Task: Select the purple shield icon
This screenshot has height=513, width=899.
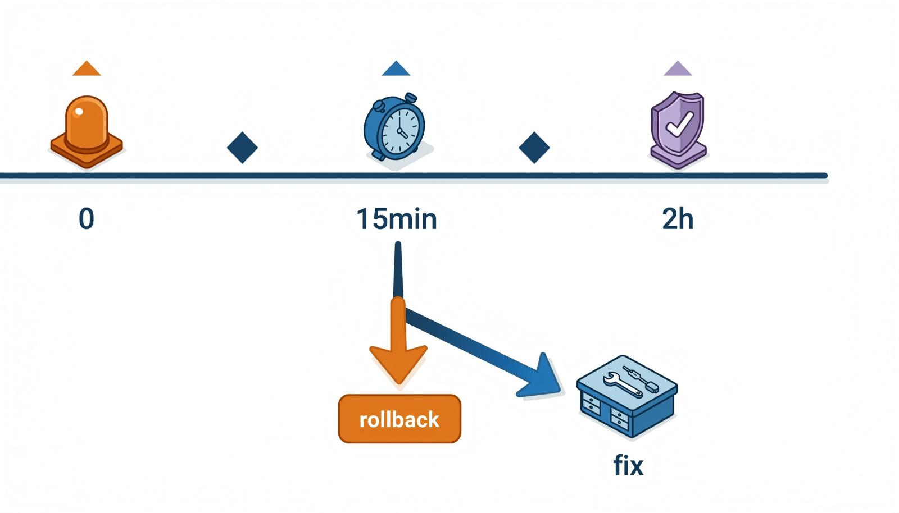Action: pos(678,130)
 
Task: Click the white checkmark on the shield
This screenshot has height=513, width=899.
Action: pos(679,123)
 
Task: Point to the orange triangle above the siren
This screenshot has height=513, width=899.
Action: pos(87,68)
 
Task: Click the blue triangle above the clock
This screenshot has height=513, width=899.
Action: pos(396,68)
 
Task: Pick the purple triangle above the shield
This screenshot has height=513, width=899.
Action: pos(678,68)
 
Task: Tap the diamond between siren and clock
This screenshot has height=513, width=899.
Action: pos(242,148)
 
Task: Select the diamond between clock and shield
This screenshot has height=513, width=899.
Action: pos(534,148)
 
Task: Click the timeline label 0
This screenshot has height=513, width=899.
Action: pos(87,219)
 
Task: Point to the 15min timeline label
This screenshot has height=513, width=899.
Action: pos(397,219)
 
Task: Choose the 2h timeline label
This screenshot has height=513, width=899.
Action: pos(678,219)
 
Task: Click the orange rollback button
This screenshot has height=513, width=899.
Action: pos(399,419)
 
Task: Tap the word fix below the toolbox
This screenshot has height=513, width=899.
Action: pos(629,465)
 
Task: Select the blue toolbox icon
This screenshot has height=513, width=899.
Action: pos(627,396)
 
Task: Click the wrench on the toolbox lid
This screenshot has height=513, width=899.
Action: pos(623,384)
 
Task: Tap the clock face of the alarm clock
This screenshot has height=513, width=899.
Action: pos(399,131)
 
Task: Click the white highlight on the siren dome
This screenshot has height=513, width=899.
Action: pos(79,112)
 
